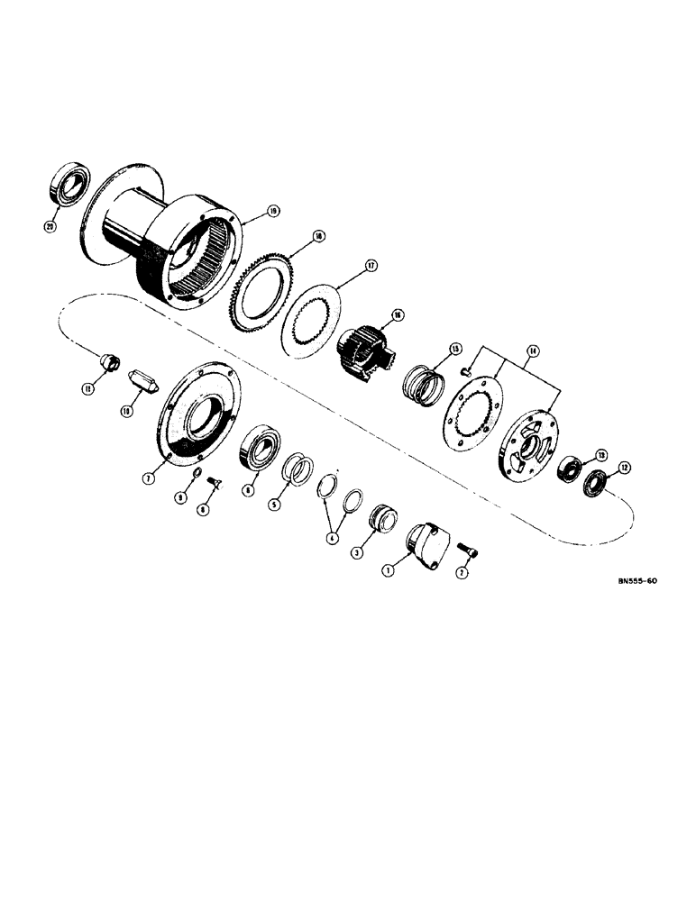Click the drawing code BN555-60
(626, 582)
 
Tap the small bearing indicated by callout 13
(570, 470)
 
